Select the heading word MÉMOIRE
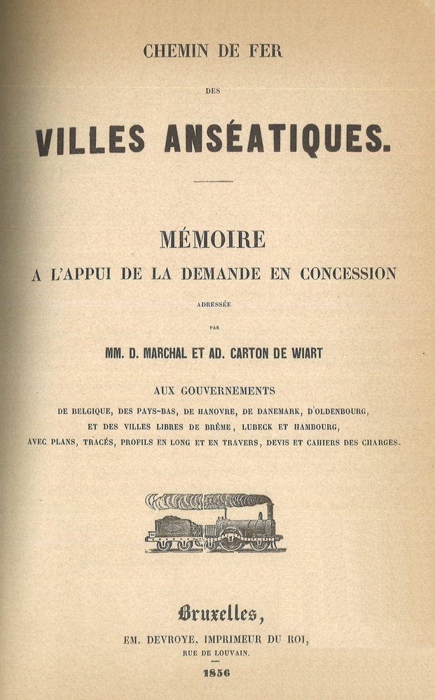(x=212, y=240)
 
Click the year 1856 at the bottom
(x=216, y=673)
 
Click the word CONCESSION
(x=348, y=274)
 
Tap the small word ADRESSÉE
(x=214, y=303)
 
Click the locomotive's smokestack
(x=270, y=509)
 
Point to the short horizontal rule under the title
(x=213, y=181)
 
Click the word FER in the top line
(x=265, y=50)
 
